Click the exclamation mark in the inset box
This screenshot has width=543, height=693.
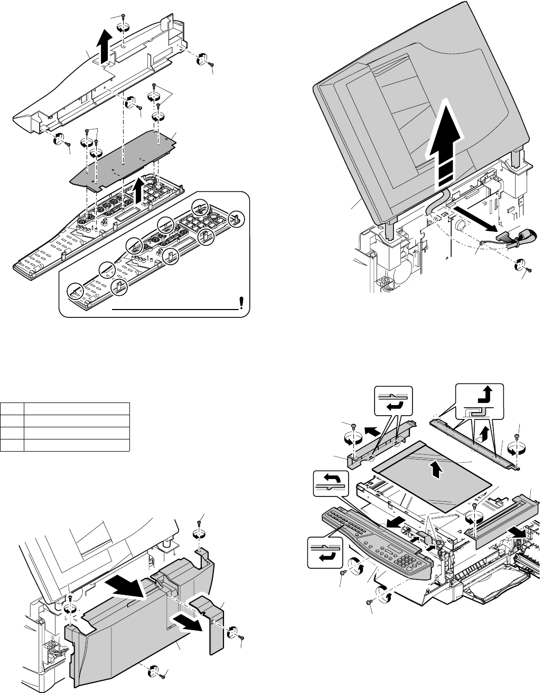click(241, 302)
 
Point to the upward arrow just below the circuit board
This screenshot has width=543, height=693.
click(139, 191)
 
